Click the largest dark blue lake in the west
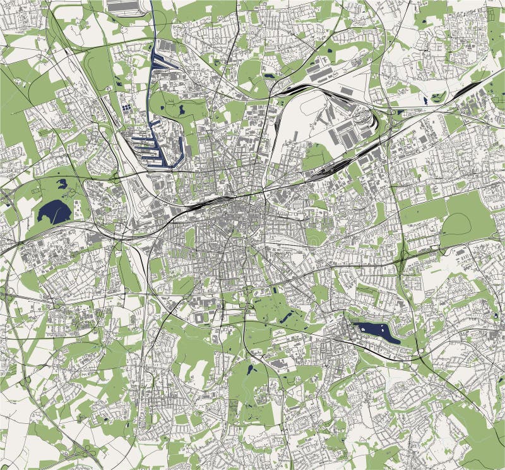pyautogui.click(x=54, y=210)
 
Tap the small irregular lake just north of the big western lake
pyautogui.click(x=62, y=184)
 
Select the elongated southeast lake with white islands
pyautogui.click(x=376, y=331)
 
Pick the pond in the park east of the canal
pyautogui.click(x=181, y=110)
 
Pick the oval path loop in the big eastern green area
pyautogui.click(x=458, y=224)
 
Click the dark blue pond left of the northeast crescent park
pyautogui.click(x=425, y=99)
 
